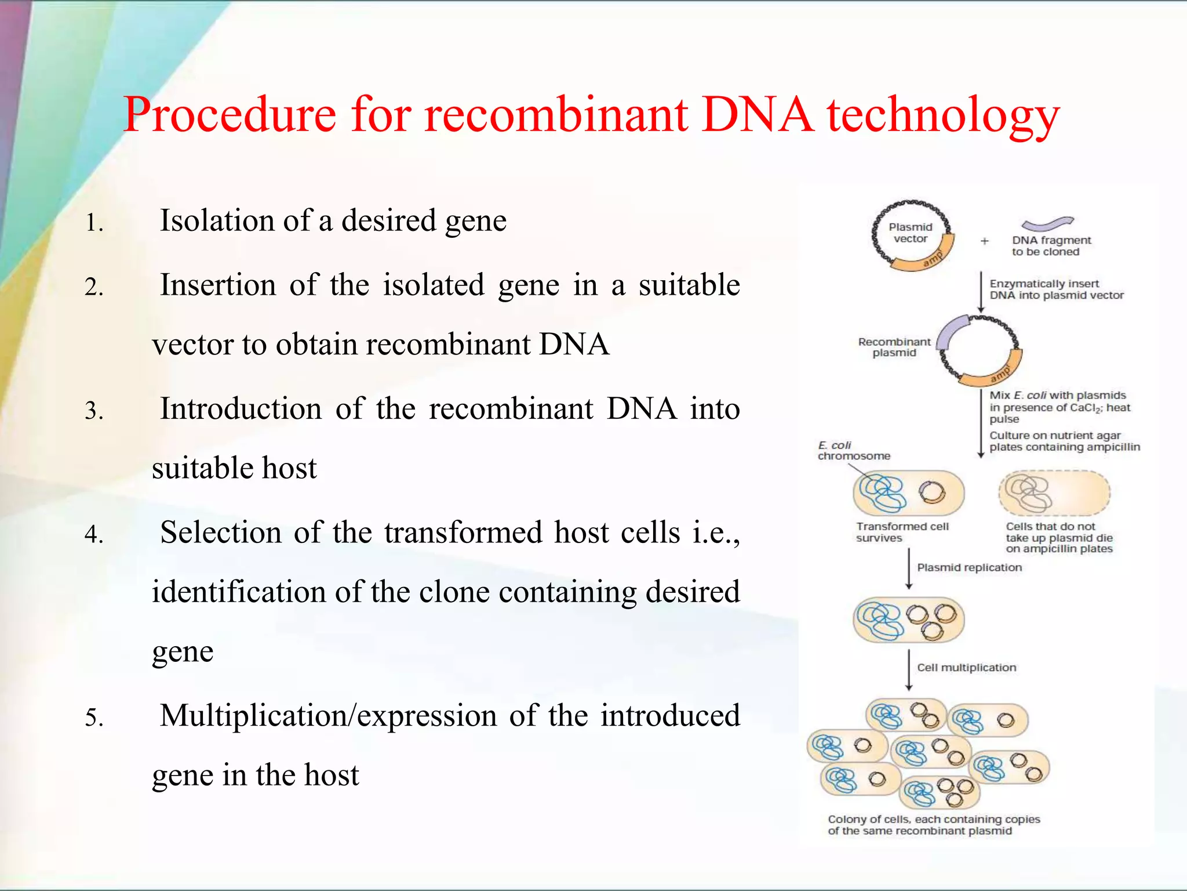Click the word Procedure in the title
click(230, 115)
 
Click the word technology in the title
click(943, 115)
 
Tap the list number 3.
click(94, 411)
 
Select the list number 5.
click(94, 718)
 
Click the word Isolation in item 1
click(217, 220)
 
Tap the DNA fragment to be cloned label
click(1050, 246)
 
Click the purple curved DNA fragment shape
click(1047, 223)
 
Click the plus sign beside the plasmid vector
click(984, 241)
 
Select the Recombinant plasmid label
click(894, 347)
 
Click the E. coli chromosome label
click(853, 451)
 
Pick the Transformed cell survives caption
click(902, 532)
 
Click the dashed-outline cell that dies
click(1054, 493)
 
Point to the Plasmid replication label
click(969, 567)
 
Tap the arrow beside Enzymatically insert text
click(981, 292)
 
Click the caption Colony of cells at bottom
click(934, 825)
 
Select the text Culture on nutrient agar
click(1055, 436)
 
